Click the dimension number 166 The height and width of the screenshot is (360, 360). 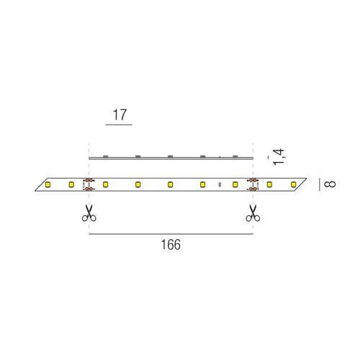[x=171, y=245]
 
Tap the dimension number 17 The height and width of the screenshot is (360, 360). [x=120, y=114]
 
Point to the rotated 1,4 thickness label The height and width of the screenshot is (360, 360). [x=279, y=157]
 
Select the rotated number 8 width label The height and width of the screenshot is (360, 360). [x=330, y=184]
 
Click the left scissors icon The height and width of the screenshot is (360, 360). [x=89, y=213]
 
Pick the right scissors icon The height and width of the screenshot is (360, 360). [x=253, y=213]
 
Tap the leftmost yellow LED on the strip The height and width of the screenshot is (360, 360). [x=48, y=184]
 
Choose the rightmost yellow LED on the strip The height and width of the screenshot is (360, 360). [x=293, y=184]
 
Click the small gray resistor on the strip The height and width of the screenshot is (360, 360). [x=220, y=184]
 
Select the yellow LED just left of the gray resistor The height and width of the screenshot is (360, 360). [x=202, y=184]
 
